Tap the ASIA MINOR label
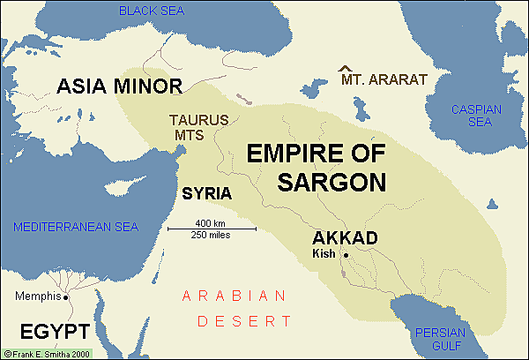coord(119,86)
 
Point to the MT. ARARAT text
coord(384,79)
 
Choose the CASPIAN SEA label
coord(475,116)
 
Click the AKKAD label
coord(345,238)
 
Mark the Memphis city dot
coord(63,296)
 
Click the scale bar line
coord(212,229)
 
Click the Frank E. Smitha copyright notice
coord(51,353)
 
